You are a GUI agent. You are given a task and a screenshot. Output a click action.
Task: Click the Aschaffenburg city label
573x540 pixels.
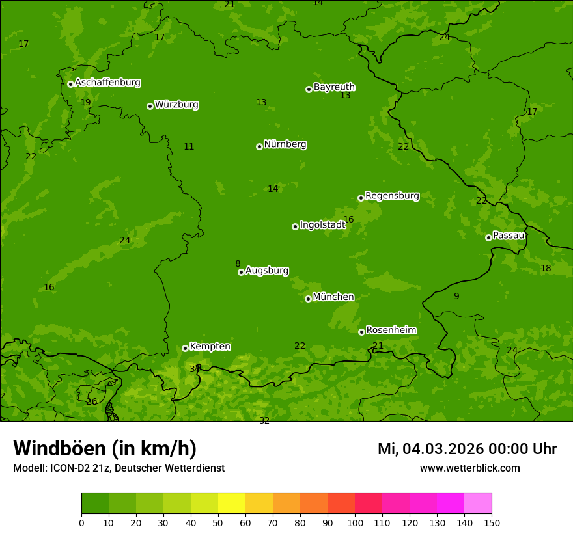pos(107,83)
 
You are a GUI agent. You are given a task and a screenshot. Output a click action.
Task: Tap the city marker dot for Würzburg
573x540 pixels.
pos(150,106)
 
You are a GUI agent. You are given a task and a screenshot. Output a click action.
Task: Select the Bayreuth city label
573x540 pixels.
pos(334,87)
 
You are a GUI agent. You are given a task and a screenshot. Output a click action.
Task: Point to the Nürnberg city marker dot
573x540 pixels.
pos(259,146)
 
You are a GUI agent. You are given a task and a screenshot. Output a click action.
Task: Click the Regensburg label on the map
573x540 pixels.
pos(392,196)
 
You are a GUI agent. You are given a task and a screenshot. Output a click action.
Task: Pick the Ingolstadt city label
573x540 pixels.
pos(322,225)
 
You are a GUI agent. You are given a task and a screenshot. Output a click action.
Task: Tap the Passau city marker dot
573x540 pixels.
pos(488,237)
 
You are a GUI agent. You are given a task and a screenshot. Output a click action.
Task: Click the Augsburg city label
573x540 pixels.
pos(267,271)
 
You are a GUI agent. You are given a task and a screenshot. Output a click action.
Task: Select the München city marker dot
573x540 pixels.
pos(308,299)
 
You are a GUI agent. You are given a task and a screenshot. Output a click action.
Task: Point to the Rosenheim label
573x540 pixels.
pos(391,331)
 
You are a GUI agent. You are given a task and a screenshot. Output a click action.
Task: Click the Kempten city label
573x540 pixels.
pos(210,347)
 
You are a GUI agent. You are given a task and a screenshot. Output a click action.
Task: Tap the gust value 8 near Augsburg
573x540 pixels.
pos(238,263)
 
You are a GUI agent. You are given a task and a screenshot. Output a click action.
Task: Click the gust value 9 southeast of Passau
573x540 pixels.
pos(456,296)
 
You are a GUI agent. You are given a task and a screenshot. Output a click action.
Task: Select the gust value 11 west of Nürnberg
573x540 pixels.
pos(189,146)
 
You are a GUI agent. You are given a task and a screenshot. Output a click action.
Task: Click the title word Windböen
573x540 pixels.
pos(59,448)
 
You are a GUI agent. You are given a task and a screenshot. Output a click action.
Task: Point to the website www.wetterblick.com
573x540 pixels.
pos(469,468)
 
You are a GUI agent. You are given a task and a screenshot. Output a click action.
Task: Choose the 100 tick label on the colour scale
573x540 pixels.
pos(355,522)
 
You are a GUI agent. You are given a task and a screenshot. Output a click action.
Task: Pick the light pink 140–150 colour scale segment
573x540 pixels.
pos(478,504)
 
